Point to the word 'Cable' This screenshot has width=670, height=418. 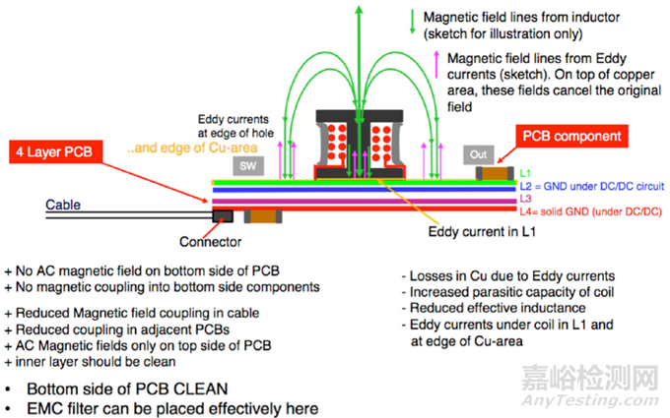66,206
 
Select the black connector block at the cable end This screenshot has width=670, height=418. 223,215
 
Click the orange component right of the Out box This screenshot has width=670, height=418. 496,174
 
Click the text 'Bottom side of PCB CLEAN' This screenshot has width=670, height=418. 123,388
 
